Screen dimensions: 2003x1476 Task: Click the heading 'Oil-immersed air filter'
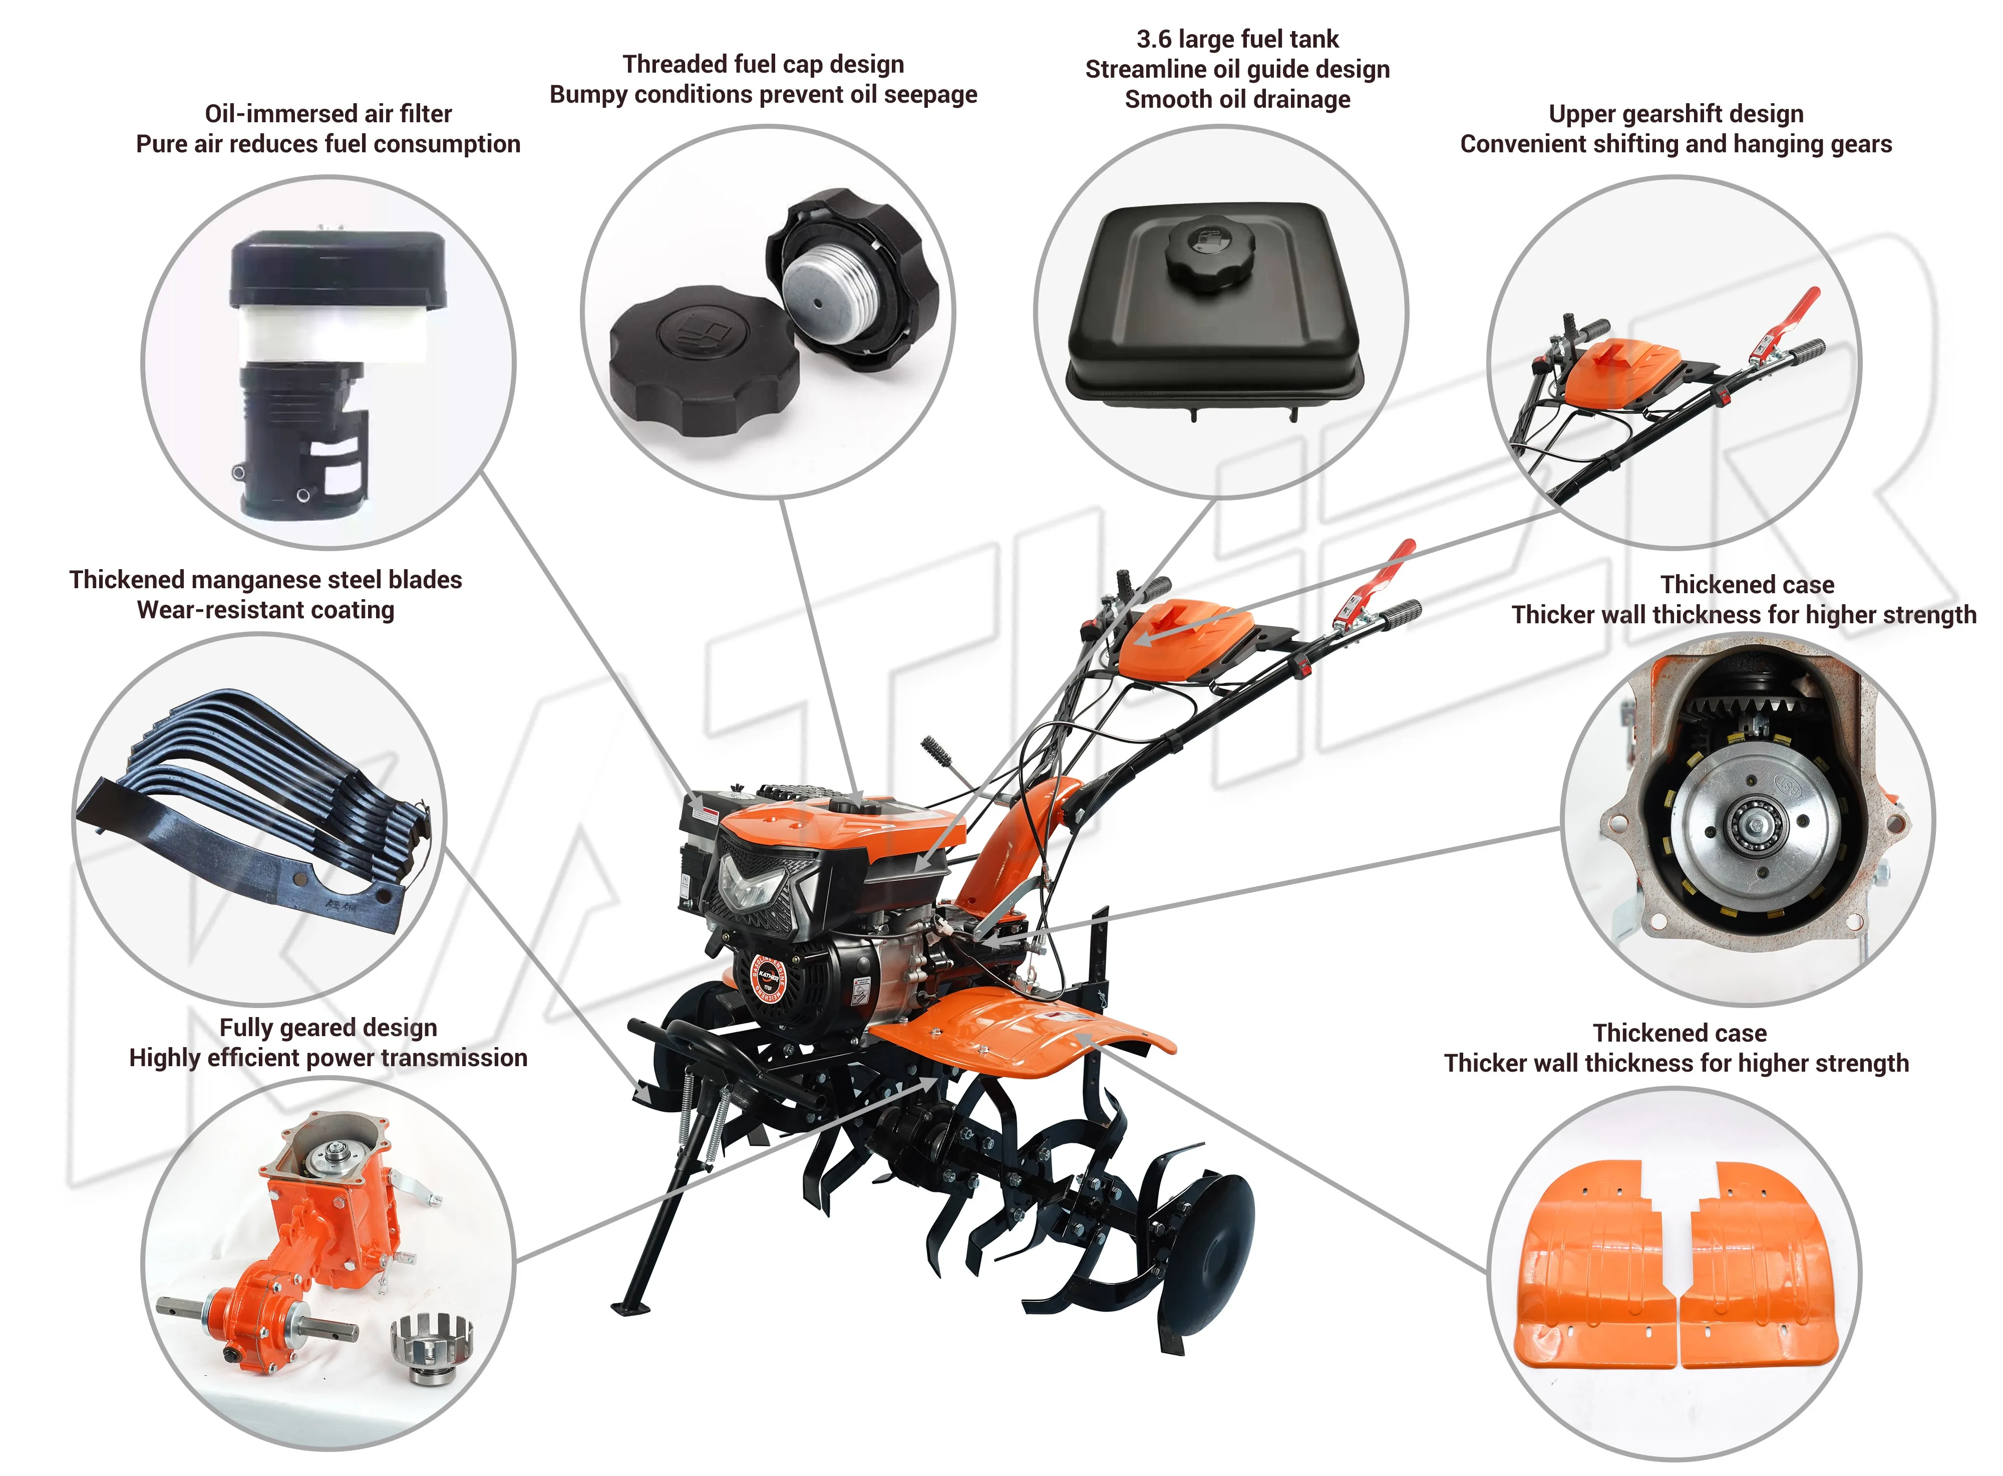pos(327,113)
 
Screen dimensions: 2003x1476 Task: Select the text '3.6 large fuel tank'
pos(1237,39)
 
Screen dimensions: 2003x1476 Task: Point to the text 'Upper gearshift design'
pos(1676,114)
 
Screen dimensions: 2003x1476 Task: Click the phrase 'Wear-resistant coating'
pos(265,610)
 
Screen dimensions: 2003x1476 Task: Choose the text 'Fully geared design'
pos(327,1028)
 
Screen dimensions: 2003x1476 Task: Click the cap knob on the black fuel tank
pos(1209,255)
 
